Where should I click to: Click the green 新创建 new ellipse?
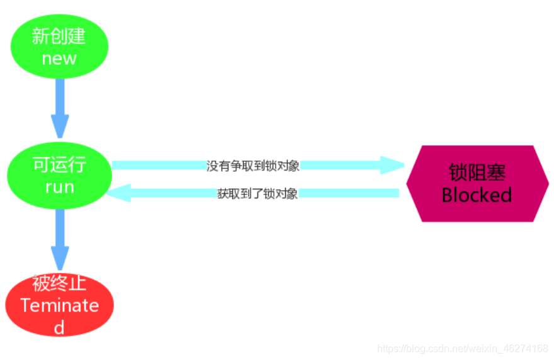pos(60,47)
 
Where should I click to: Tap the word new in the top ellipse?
pos(59,59)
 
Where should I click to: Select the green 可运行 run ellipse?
pos(60,176)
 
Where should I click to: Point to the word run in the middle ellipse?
pos(60,187)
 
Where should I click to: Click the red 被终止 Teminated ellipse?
pos(60,305)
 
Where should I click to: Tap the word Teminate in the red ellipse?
pos(60,306)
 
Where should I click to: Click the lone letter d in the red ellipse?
pos(59,327)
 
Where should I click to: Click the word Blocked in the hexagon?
pos(477,194)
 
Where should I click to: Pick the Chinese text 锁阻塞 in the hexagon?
pos(477,172)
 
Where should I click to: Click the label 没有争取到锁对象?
pos(253,166)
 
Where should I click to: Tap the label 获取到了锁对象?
pos(257,194)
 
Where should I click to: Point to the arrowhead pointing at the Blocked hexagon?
pos(393,166)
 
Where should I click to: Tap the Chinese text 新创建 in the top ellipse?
pos(59,37)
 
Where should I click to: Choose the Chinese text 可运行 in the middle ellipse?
pos(59,166)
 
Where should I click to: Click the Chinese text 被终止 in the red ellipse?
pos(59,284)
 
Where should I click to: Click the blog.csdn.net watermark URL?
pos(462,348)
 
